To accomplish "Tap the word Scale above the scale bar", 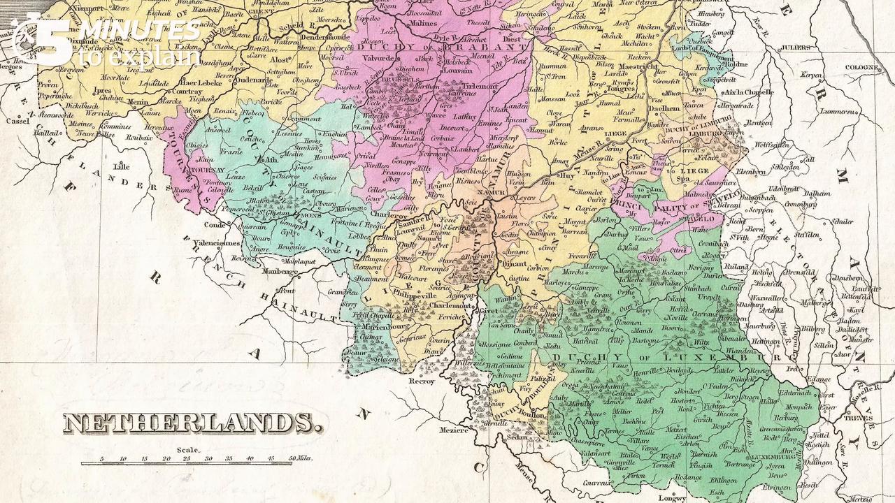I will (189, 450).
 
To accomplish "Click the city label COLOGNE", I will (861, 68).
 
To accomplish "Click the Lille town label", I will (122, 167).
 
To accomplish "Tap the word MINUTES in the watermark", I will (140, 31).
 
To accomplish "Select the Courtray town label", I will (187, 91).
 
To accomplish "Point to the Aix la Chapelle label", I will (749, 92).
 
